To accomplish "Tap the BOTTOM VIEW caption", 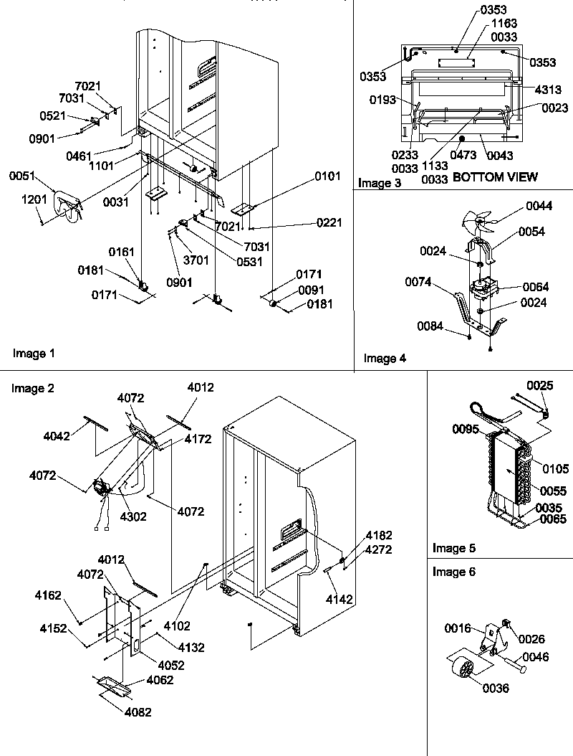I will click(x=495, y=176).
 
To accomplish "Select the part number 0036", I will click(x=495, y=688).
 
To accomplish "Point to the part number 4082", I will click(x=138, y=712).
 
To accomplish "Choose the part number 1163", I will click(x=505, y=24).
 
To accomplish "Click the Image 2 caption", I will click(x=33, y=388).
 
